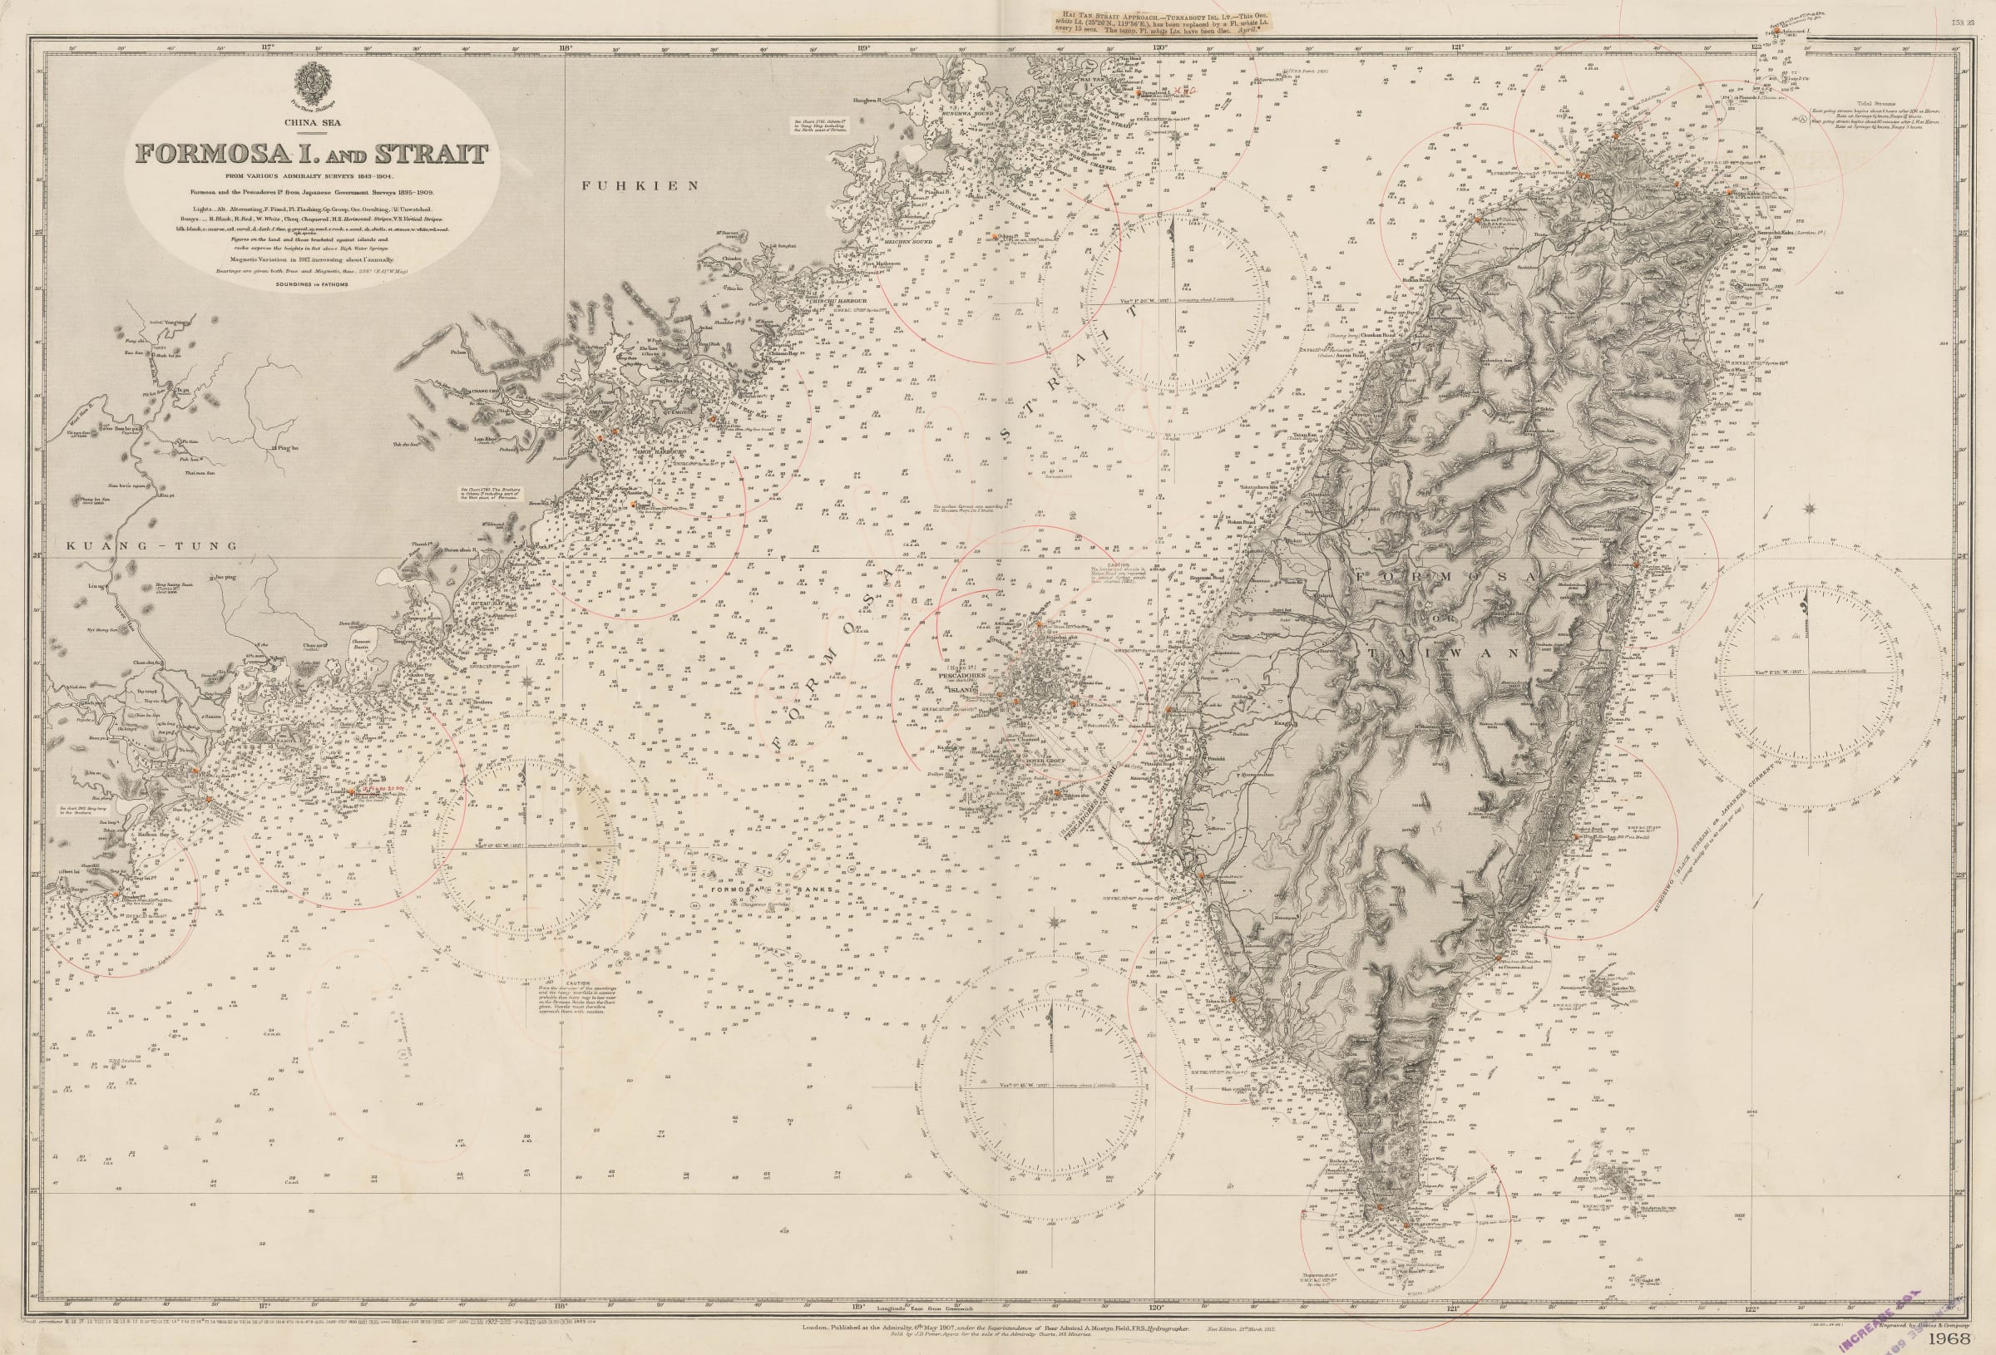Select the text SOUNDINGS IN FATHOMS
click(x=310, y=283)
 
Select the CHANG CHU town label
click(x=491, y=390)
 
